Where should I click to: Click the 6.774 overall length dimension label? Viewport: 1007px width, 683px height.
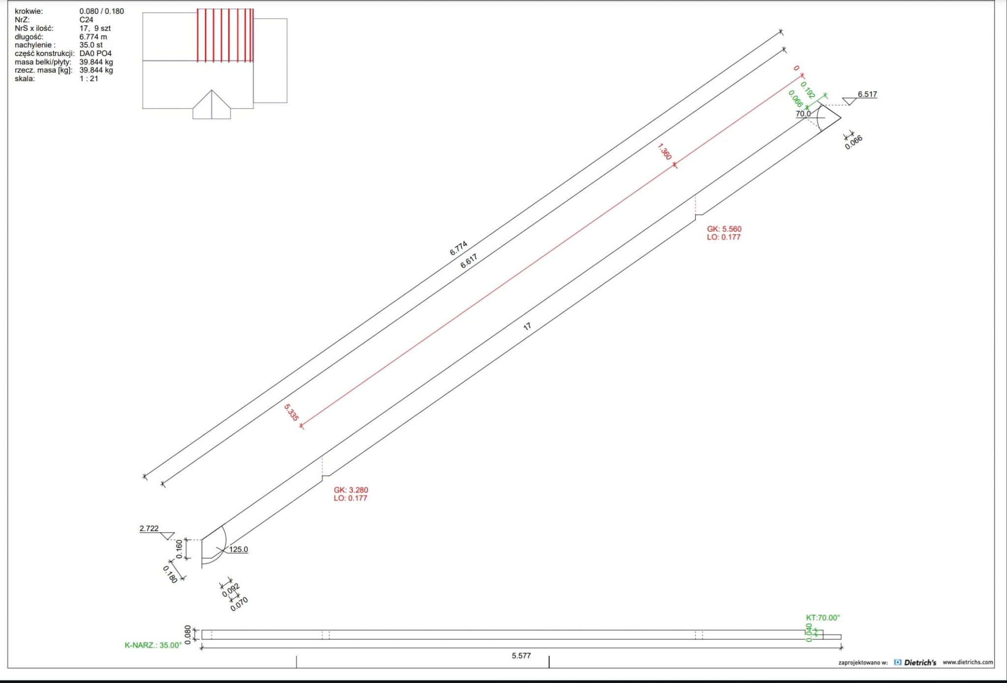click(x=458, y=248)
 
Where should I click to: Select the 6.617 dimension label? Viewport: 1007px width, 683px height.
click(x=469, y=261)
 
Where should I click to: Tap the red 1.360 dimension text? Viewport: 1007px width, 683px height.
click(x=664, y=151)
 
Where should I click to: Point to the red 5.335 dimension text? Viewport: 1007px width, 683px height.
click(x=291, y=412)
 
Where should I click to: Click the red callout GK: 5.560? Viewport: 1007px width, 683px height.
click(x=724, y=229)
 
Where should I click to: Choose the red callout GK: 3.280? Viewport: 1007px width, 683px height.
click(x=351, y=490)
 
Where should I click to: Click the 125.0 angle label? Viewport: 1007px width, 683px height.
click(x=238, y=549)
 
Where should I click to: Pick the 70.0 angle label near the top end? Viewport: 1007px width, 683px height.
click(x=803, y=114)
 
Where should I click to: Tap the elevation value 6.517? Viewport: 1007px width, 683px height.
click(x=867, y=94)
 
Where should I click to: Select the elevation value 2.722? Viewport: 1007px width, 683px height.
click(x=149, y=529)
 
